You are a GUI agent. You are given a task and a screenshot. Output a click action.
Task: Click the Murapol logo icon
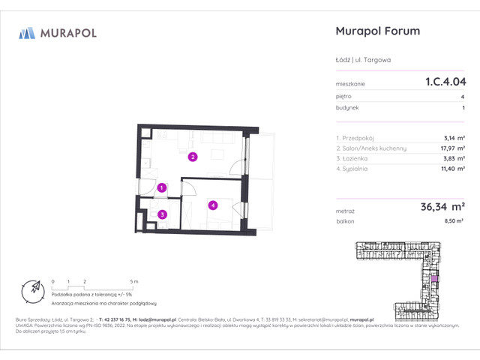(27, 33)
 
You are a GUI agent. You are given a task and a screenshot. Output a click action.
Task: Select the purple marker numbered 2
(193, 157)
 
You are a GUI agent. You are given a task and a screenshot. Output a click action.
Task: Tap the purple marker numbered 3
(163, 214)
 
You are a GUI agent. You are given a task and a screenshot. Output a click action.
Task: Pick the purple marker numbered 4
(213, 204)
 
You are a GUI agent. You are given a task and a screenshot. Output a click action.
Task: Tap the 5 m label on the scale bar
(134, 280)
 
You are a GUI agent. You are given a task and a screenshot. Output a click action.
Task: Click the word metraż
(346, 211)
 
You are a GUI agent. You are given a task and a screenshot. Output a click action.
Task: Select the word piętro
(344, 97)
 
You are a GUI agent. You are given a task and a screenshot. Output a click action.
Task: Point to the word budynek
(346, 108)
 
